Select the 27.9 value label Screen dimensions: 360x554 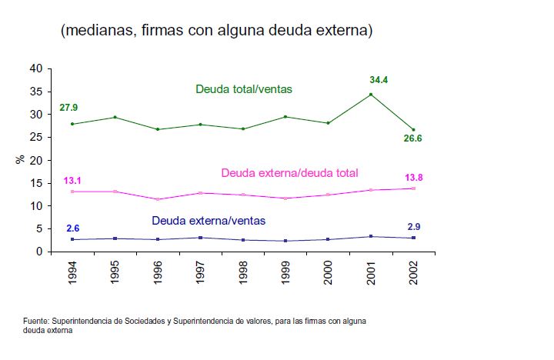click(x=68, y=106)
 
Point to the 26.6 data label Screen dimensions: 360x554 click(x=414, y=138)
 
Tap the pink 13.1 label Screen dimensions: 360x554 click(x=73, y=181)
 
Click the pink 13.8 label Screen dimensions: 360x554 click(x=414, y=178)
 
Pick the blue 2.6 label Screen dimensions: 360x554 click(x=72, y=228)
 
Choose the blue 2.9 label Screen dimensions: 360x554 click(x=414, y=228)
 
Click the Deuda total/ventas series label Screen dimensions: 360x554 click(x=244, y=89)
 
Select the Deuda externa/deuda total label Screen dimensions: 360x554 click(x=289, y=173)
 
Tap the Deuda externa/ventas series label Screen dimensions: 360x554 click(x=209, y=220)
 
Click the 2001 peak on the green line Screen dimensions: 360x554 click(x=371, y=95)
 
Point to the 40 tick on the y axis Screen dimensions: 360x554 click(x=35, y=68)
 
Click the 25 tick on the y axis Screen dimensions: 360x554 click(x=35, y=137)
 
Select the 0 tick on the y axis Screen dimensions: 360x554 click(x=38, y=252)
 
